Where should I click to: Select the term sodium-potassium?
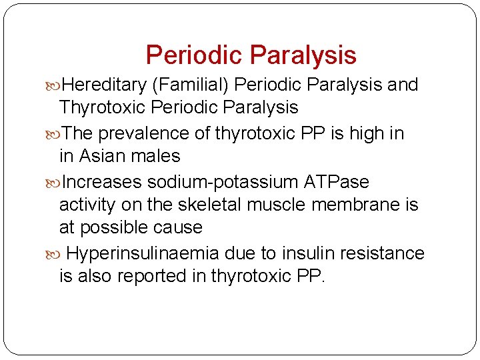point(224,182)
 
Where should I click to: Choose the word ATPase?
point(335,182)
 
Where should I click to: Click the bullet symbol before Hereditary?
point(54,85)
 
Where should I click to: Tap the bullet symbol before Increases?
point(54,182)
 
